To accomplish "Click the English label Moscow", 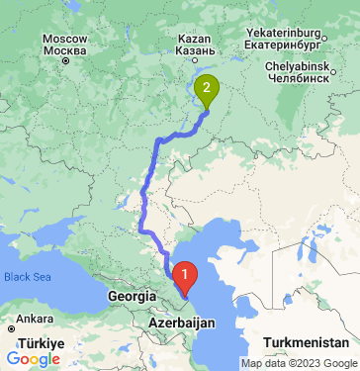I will [x=65, y=39].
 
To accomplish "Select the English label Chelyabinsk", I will [x=301, y=65].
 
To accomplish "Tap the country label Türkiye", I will [x=45, y=341].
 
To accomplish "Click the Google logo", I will [x=32, y=358].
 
